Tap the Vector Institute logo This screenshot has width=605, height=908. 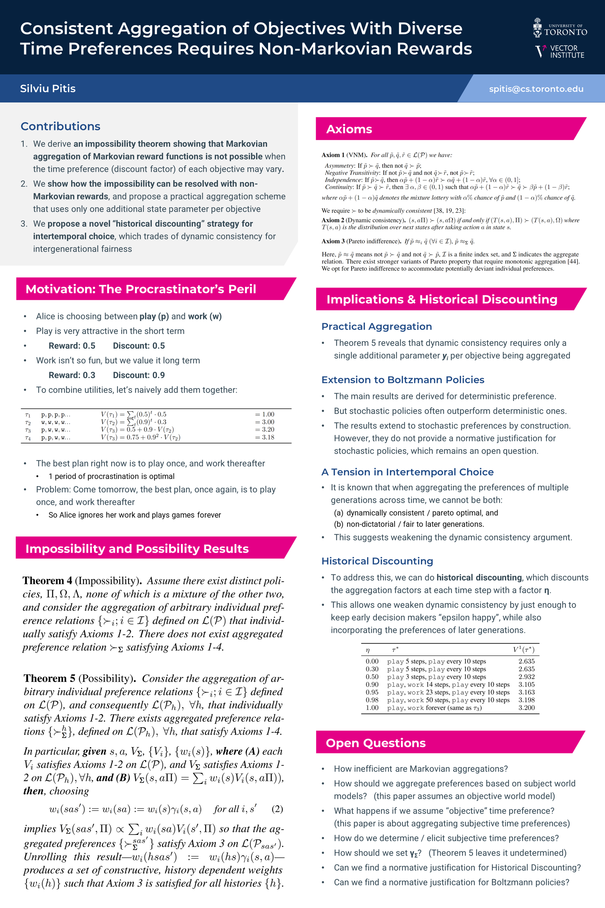pyautogui.click(x=560, y=51)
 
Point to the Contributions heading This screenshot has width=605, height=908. pyautogui.click(x=60, y=126)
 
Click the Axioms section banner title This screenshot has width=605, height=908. pyautogui.click(x=349, y=129)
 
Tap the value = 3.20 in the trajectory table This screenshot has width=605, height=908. pyautogui.click(x=265, y=429)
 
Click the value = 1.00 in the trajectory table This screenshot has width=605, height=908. pyautogui.click(x=265, y=414)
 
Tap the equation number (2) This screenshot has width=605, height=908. pyautogui.click(x=277, y=809)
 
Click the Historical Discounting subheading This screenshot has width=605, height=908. pyautogui.click(x=377, y=561)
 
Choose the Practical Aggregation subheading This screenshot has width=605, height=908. pyautogui.click(x=377, y=327)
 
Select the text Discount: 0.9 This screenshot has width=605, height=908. pyautogui.click(x=139, y=375)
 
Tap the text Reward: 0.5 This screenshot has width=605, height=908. pyautogui.click(x=72, y=346)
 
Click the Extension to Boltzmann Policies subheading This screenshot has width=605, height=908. pyautogui.click(x=403, y=380)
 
